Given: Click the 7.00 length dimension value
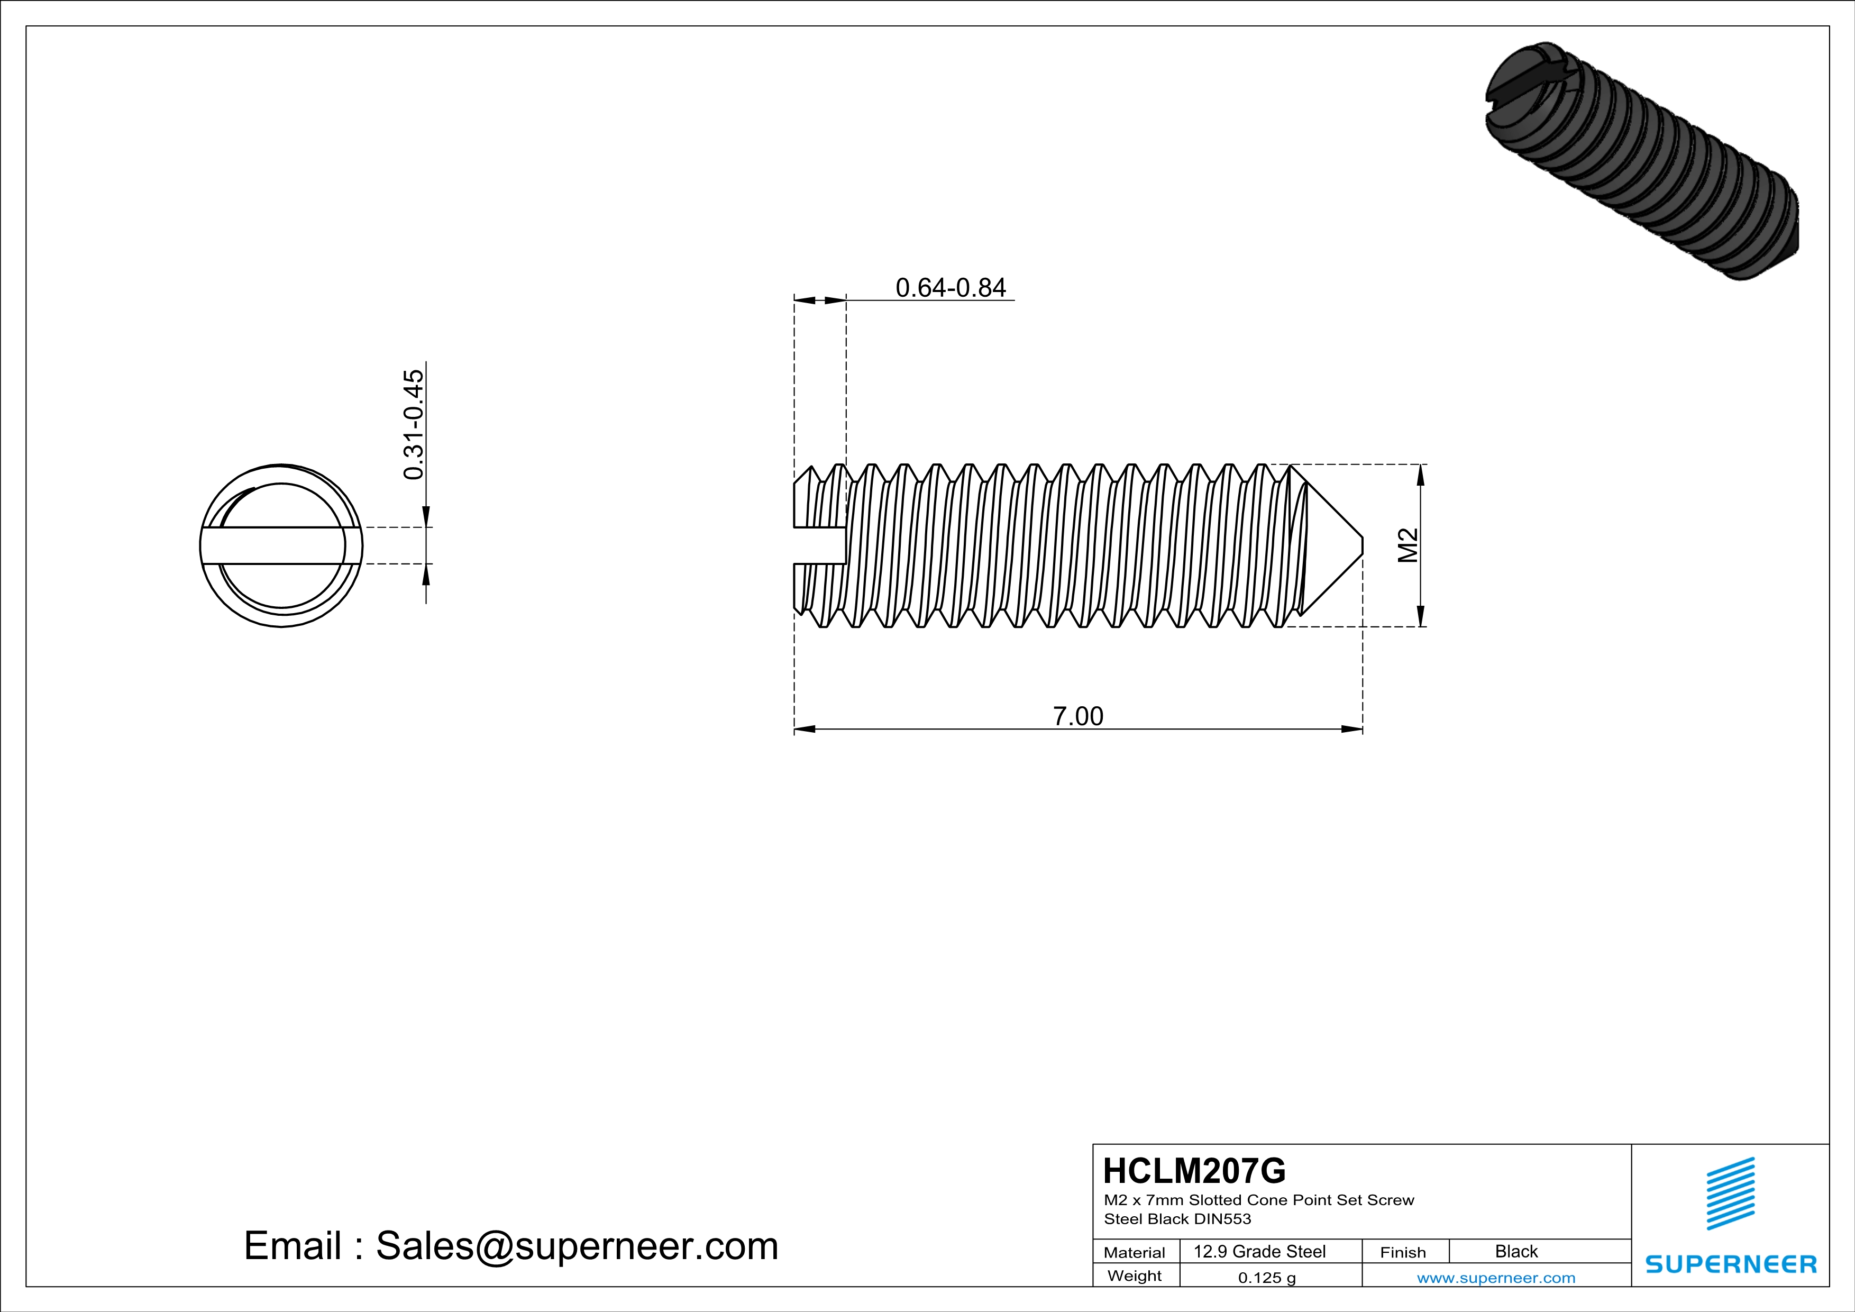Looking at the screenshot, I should point(1078,716).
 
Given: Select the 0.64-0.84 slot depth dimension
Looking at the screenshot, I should point(951,288).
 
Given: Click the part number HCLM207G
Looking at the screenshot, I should point(1194,1171).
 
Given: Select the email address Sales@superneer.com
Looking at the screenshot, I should point(577,1246).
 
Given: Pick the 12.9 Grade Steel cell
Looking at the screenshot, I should point(1259,1251).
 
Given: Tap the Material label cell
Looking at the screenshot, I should point(1135,1252).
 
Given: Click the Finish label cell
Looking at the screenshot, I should point(1403,1252).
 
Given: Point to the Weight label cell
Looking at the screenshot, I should point(1135,1275).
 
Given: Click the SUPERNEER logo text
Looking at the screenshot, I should point(1731,1264).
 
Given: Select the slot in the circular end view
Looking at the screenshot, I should point(275,546).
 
